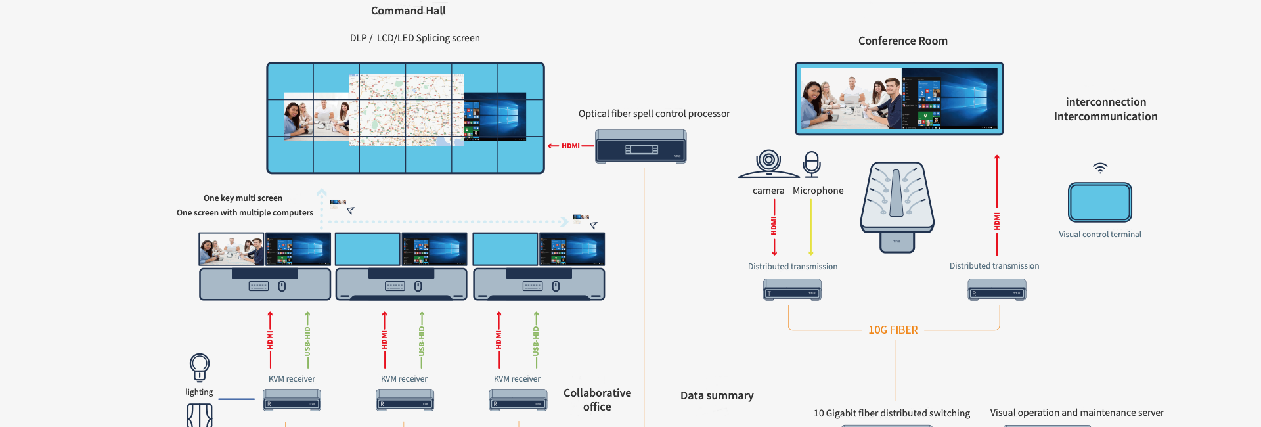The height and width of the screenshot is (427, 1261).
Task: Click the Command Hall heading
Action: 408,11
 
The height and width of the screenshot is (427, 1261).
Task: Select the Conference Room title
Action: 902,41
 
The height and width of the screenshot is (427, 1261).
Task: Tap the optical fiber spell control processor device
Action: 640,146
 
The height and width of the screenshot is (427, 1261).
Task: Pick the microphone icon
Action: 812,164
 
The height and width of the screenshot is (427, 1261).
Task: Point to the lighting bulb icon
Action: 199,367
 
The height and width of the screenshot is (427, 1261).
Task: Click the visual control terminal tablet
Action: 1099,202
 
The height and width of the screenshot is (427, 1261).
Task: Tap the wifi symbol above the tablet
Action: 1100,168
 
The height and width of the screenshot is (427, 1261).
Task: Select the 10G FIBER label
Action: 893,330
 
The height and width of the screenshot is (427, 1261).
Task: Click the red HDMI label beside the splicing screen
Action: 570,146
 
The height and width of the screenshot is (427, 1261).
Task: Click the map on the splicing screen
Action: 406,110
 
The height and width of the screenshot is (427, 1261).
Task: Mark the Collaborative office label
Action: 597,399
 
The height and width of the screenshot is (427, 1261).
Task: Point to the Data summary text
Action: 717,395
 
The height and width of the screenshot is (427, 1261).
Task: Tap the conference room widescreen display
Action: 899,99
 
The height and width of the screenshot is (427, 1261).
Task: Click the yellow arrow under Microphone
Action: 811,227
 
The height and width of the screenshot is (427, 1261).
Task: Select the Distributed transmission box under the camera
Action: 792,290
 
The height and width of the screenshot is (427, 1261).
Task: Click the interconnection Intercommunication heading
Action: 1105,109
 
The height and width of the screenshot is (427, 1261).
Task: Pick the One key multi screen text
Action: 242,198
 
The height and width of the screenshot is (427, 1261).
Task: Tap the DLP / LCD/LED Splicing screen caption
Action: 414,38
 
